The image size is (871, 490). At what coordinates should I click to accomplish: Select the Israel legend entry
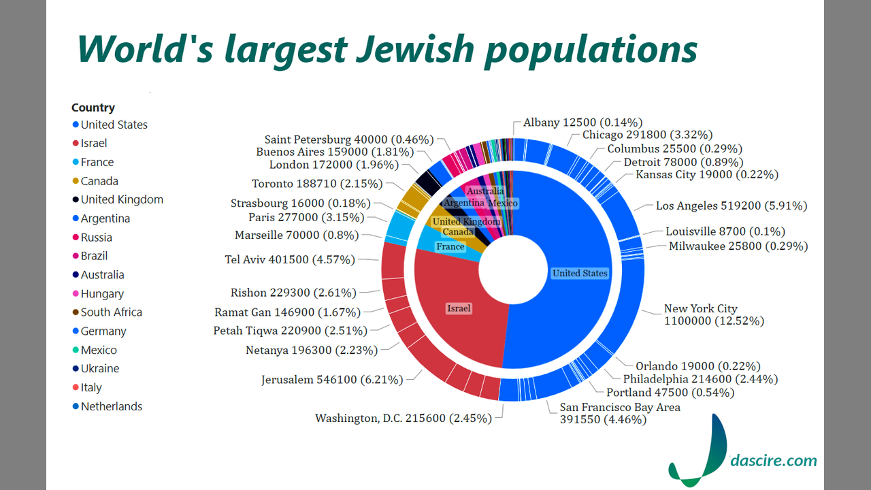pos(93,144)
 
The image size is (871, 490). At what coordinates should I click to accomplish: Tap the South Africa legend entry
pos(111,312)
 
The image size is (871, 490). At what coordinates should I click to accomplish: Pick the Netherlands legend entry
pos(111,406)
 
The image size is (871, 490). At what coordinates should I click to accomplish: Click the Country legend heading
pos(93,108)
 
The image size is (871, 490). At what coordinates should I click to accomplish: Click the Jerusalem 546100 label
pos(332,380)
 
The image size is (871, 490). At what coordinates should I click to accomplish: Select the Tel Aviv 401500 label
pos(290,260)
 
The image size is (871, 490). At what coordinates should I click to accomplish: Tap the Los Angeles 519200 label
pos(732,206)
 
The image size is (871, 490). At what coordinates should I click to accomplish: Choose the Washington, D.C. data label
pos(403,419)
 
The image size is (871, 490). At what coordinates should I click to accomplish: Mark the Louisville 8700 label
pos(725,231)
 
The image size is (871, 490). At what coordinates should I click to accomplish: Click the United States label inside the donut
pos(580,273)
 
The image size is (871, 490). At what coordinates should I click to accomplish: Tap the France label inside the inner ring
pos(450,246)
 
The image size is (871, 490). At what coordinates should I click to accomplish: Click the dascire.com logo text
pos(773,461)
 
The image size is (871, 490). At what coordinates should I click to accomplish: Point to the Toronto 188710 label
pos(317,184)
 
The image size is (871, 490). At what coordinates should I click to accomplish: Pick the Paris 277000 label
pos(306,218)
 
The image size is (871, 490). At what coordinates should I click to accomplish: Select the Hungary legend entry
pos(102,294)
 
